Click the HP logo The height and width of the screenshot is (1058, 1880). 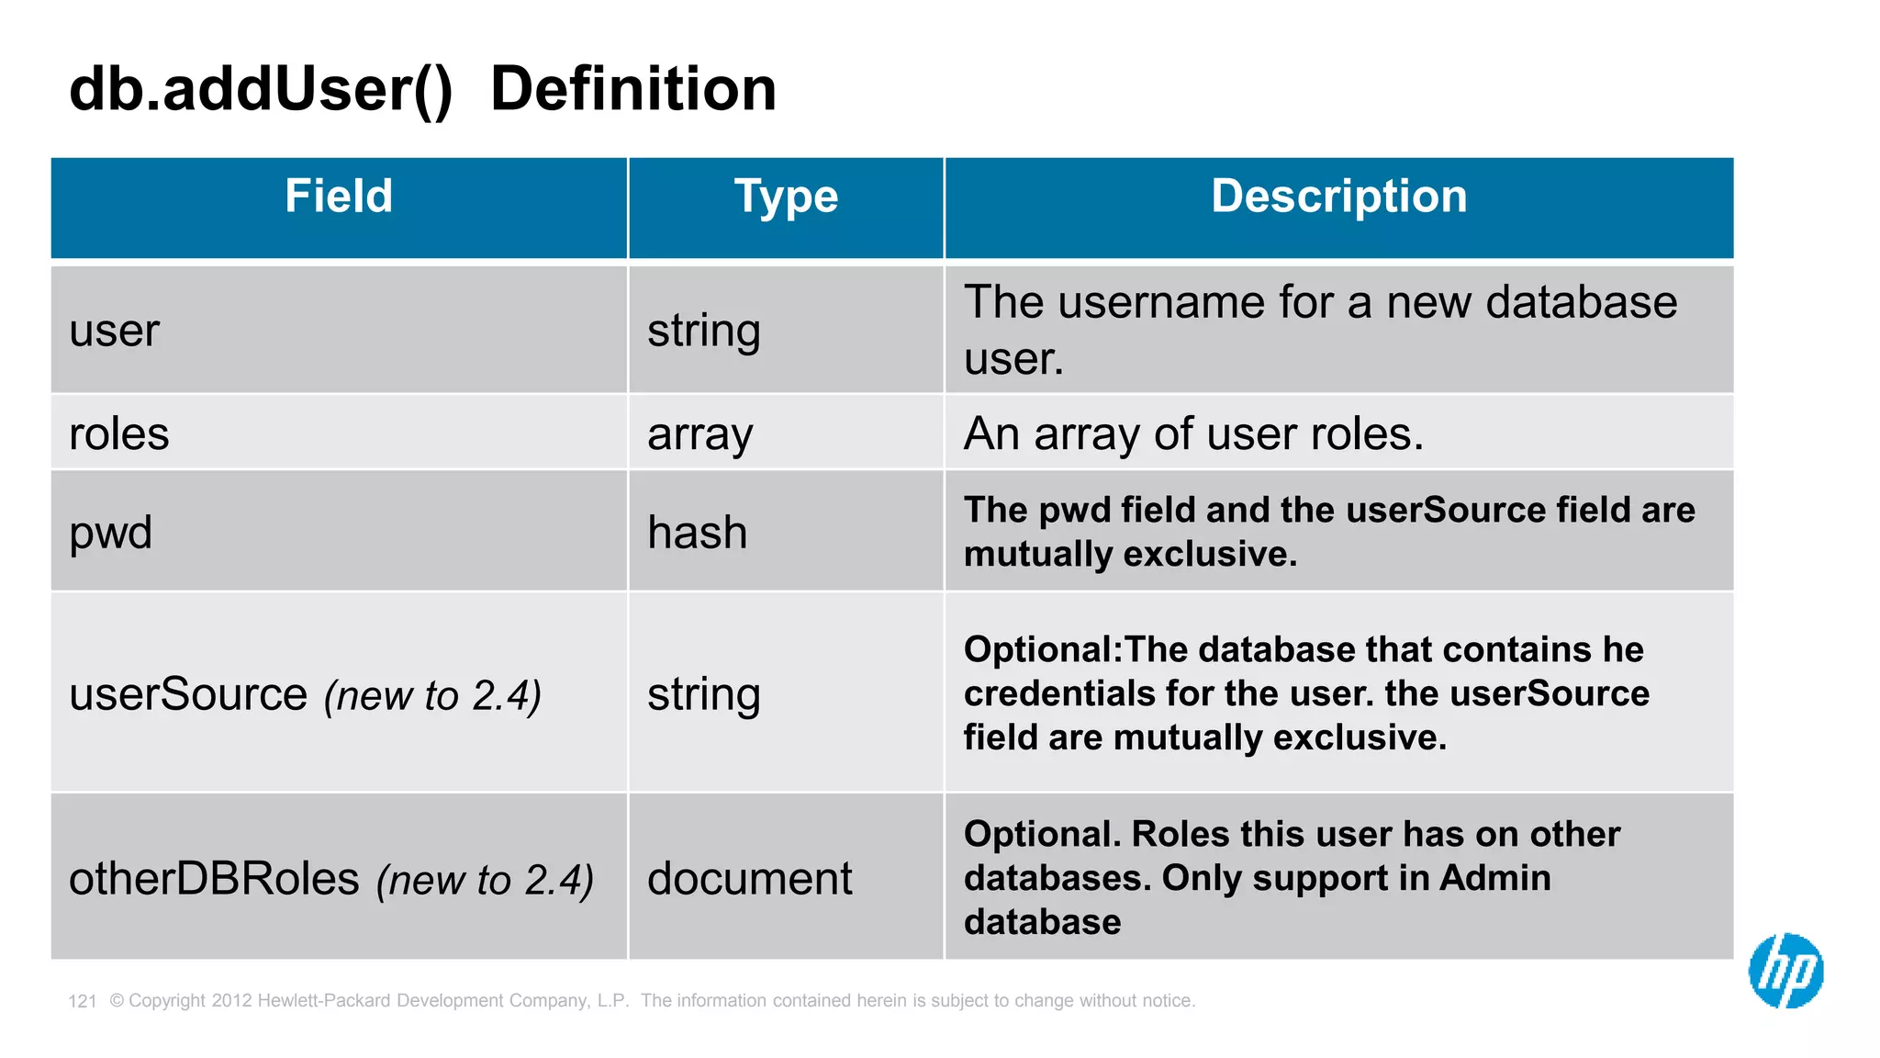pos(1785,971)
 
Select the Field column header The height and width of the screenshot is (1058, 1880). pos(339,197)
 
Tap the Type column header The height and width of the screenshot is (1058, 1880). pos(786,197)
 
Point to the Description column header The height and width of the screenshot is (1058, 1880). pos(1338,197)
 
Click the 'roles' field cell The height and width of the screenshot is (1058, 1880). pos(119,433)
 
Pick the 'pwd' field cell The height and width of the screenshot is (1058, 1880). pos(111,533)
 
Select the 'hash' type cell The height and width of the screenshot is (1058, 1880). pos(698,533)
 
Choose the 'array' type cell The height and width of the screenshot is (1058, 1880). pos(699,434)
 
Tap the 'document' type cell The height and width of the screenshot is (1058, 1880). pos(749,879)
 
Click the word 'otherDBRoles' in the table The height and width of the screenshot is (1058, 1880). pos(214,879)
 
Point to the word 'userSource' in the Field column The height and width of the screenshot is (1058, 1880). pos(188,694)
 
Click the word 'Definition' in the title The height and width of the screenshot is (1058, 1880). pos(633,89)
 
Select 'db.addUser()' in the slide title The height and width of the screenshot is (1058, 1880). pos(261,89)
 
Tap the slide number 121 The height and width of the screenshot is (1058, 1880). pos(83,1001)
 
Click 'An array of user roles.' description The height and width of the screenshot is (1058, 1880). pos(1193,433)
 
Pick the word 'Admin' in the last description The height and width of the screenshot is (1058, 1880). pos(1494,878)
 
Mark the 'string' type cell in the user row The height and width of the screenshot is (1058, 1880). pos(704,331)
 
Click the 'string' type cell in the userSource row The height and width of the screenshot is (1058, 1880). pos(704,694)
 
